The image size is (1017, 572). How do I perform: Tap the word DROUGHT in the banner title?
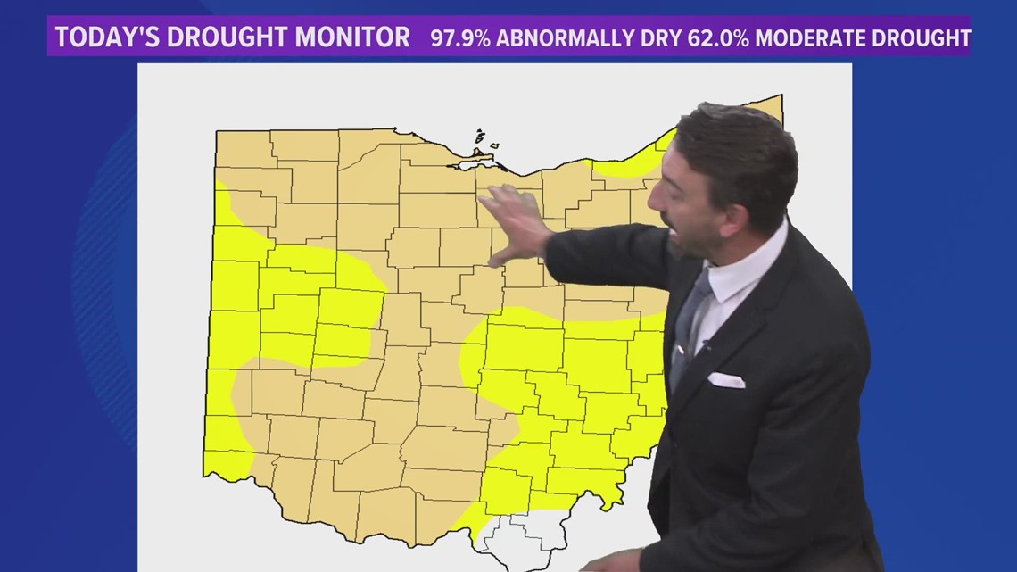coord(223,37)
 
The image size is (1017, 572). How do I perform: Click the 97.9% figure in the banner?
coord(461,38)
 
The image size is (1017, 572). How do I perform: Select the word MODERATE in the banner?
coord(820,38)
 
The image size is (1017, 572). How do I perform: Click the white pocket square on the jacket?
coord(725,380)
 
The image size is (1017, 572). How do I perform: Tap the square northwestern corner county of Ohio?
coord(243,149)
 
